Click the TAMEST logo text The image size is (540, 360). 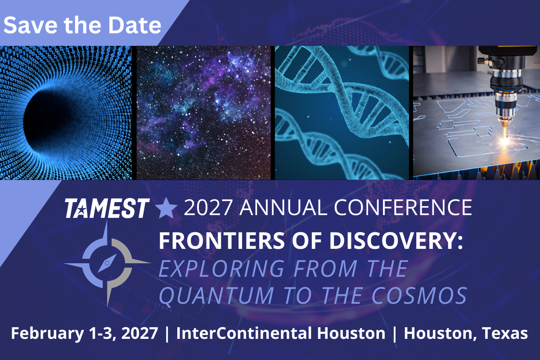click(x=107, y=208)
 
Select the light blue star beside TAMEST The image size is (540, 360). click(x=166, y=208)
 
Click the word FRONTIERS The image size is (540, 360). click(x=221, y=241)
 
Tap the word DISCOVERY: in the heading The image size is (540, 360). click(x=396, y=241)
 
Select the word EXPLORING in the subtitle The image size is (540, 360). click(x=221, y=268)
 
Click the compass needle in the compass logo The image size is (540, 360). click(x=107, y=263)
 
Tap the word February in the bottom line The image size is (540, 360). click(x=47, y=334)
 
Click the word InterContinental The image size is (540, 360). click(x=244, y=333)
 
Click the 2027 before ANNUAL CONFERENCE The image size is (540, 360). click(x=208, y=207)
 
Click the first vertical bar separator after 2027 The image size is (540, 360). click(x=167, y=334)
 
